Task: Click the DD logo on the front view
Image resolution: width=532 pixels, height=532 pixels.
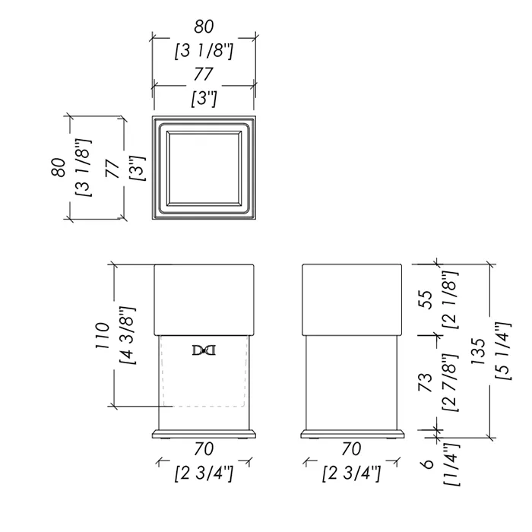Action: (204, 350)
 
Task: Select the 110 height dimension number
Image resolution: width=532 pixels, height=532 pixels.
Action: (103, 335)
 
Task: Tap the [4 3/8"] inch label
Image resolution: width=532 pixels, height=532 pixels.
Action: (128, 335)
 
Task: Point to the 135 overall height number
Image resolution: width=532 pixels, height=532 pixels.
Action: (479, 351)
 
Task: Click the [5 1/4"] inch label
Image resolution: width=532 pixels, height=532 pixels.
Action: (503, 351)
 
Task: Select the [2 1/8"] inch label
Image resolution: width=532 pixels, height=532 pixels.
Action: (451, 299)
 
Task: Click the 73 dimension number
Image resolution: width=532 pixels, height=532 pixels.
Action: (426, 383)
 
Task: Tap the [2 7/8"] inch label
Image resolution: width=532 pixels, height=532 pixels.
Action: (451, 383)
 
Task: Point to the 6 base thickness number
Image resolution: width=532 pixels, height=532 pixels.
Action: (428, 464)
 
